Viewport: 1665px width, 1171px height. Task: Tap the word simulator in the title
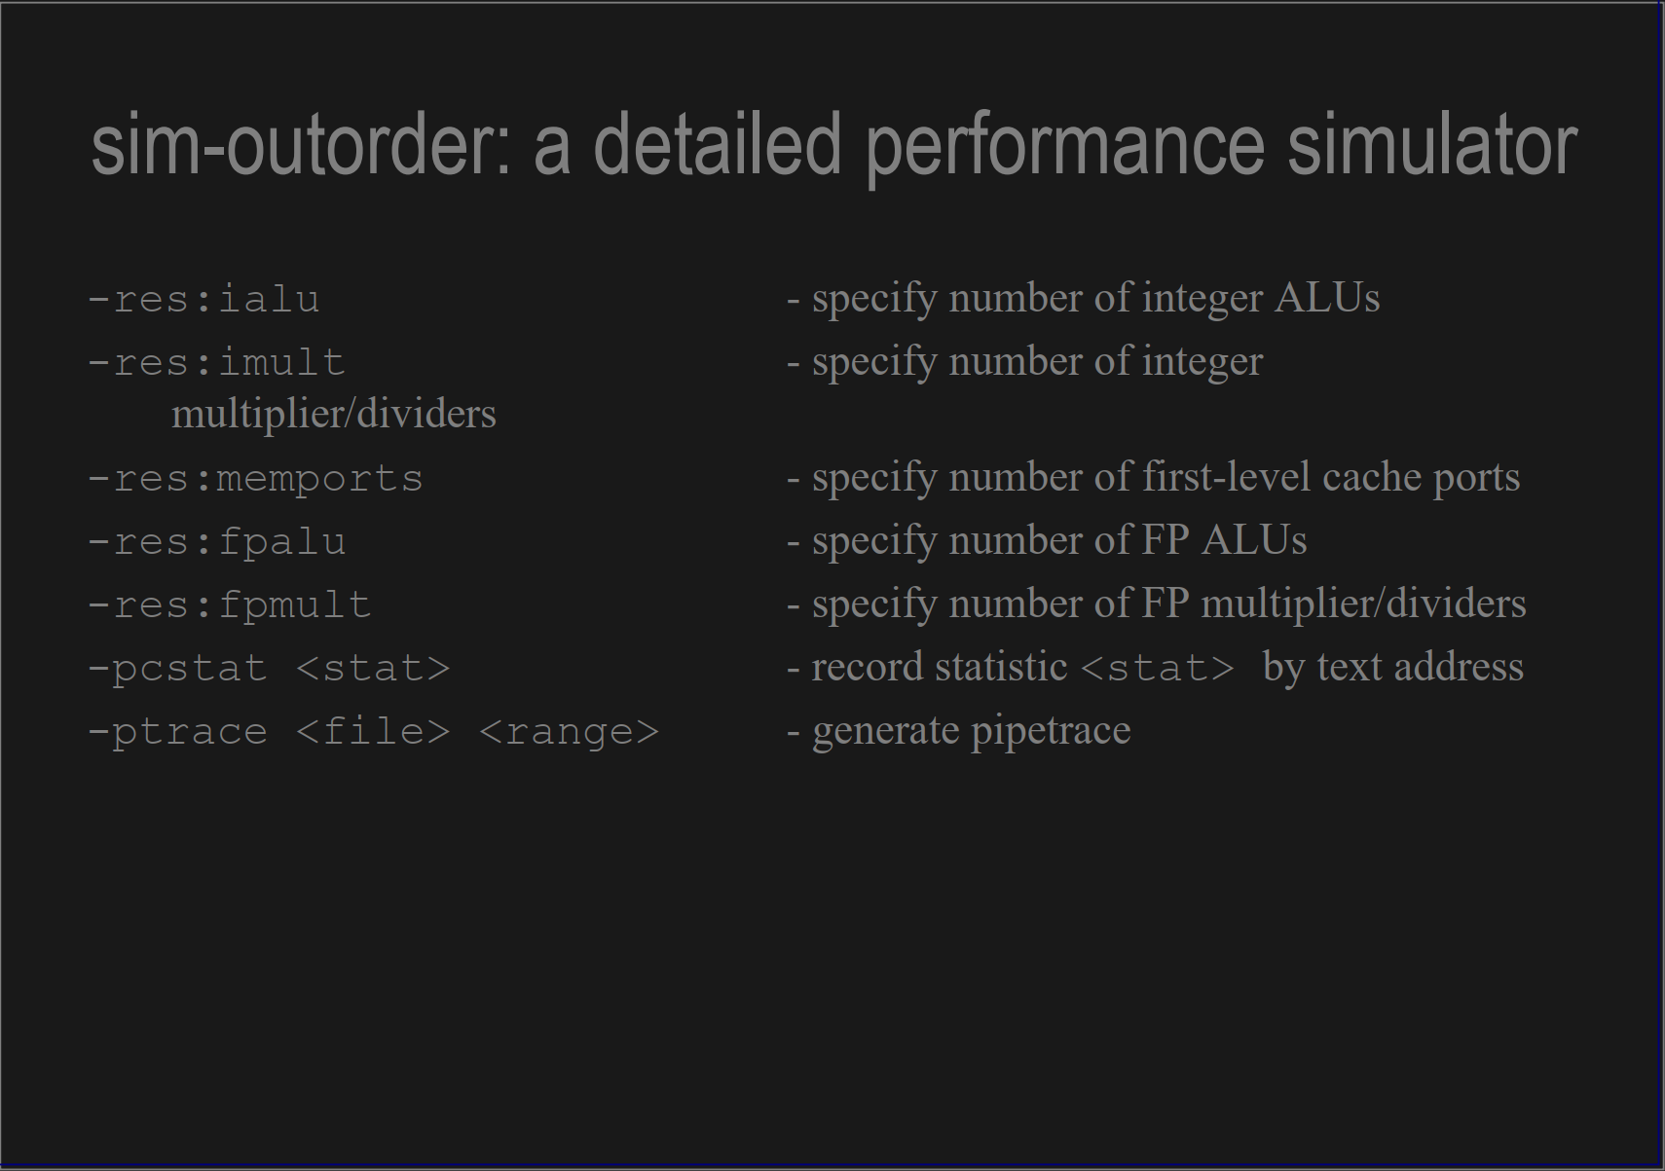(1431, 146)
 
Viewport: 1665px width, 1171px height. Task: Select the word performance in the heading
(1065, 146)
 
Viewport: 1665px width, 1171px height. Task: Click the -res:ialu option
(203, 299)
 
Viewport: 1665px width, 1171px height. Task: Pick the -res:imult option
(216, 362)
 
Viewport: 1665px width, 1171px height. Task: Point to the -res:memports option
(255, 478)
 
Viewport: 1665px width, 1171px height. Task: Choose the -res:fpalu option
(216, 541)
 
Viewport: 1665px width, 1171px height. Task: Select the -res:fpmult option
(229, 604)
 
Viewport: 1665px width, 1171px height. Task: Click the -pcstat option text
(177, 668)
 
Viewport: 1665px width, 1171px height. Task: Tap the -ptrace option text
(177, 731)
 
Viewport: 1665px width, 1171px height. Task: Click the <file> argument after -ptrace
(373, 731)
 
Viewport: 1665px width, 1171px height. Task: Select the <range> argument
(570, 731)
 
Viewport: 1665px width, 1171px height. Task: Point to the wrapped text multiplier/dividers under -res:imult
(334, 415)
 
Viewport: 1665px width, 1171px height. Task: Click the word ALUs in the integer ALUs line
(1326, 298)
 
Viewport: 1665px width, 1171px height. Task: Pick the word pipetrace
(1051, 731)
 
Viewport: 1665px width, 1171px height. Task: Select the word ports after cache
(1475, 478)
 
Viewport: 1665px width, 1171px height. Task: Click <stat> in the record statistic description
(1158, 668)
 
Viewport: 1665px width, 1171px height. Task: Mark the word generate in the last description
(886, 731)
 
